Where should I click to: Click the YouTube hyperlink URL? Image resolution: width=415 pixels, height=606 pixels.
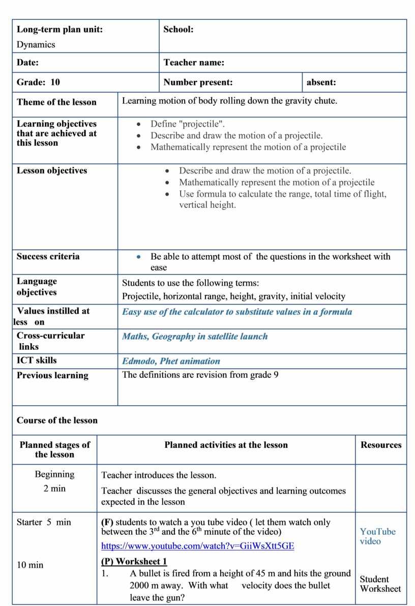(x=197, y=546)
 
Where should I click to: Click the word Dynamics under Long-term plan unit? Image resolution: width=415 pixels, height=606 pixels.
(x=36, y=44)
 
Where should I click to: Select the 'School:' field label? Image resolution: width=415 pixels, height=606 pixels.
(x=178, y=29)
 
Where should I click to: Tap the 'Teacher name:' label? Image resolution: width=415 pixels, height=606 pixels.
(x=194, y=63)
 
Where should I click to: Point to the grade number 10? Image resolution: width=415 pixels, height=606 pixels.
(x=55, y=82)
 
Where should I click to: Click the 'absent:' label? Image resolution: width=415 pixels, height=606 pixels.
(x=321, y=82)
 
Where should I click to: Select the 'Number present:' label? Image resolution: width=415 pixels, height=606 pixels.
(x=198, y=82)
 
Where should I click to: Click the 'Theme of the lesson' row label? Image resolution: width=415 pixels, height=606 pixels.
(x=56, y=102)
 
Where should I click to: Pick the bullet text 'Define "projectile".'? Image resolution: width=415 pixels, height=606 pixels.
(x=187, y=124)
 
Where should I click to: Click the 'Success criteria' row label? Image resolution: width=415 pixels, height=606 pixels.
(x=48, y=256)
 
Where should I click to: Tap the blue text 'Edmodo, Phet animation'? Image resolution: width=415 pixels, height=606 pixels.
(x=171, y=361)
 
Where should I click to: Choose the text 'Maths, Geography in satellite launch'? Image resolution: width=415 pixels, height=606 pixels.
(x=195, y=337)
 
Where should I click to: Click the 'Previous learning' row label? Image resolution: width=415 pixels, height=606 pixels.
(x=52, y=376)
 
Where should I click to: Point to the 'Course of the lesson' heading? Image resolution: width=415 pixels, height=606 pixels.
(x=57, y=420)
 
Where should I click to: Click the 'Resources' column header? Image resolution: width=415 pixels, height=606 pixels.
(x=381, y=445)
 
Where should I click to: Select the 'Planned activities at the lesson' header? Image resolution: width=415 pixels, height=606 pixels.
(x=226, y=445)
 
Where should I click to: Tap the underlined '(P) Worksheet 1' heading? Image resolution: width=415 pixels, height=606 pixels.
(x=134, y=562)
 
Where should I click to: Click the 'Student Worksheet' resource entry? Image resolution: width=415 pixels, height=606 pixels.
(x=380, y=584)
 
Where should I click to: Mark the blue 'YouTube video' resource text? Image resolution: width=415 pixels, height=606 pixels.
(x=377, y=536)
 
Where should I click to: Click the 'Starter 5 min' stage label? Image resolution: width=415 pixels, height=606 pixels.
(x=44, y=522)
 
